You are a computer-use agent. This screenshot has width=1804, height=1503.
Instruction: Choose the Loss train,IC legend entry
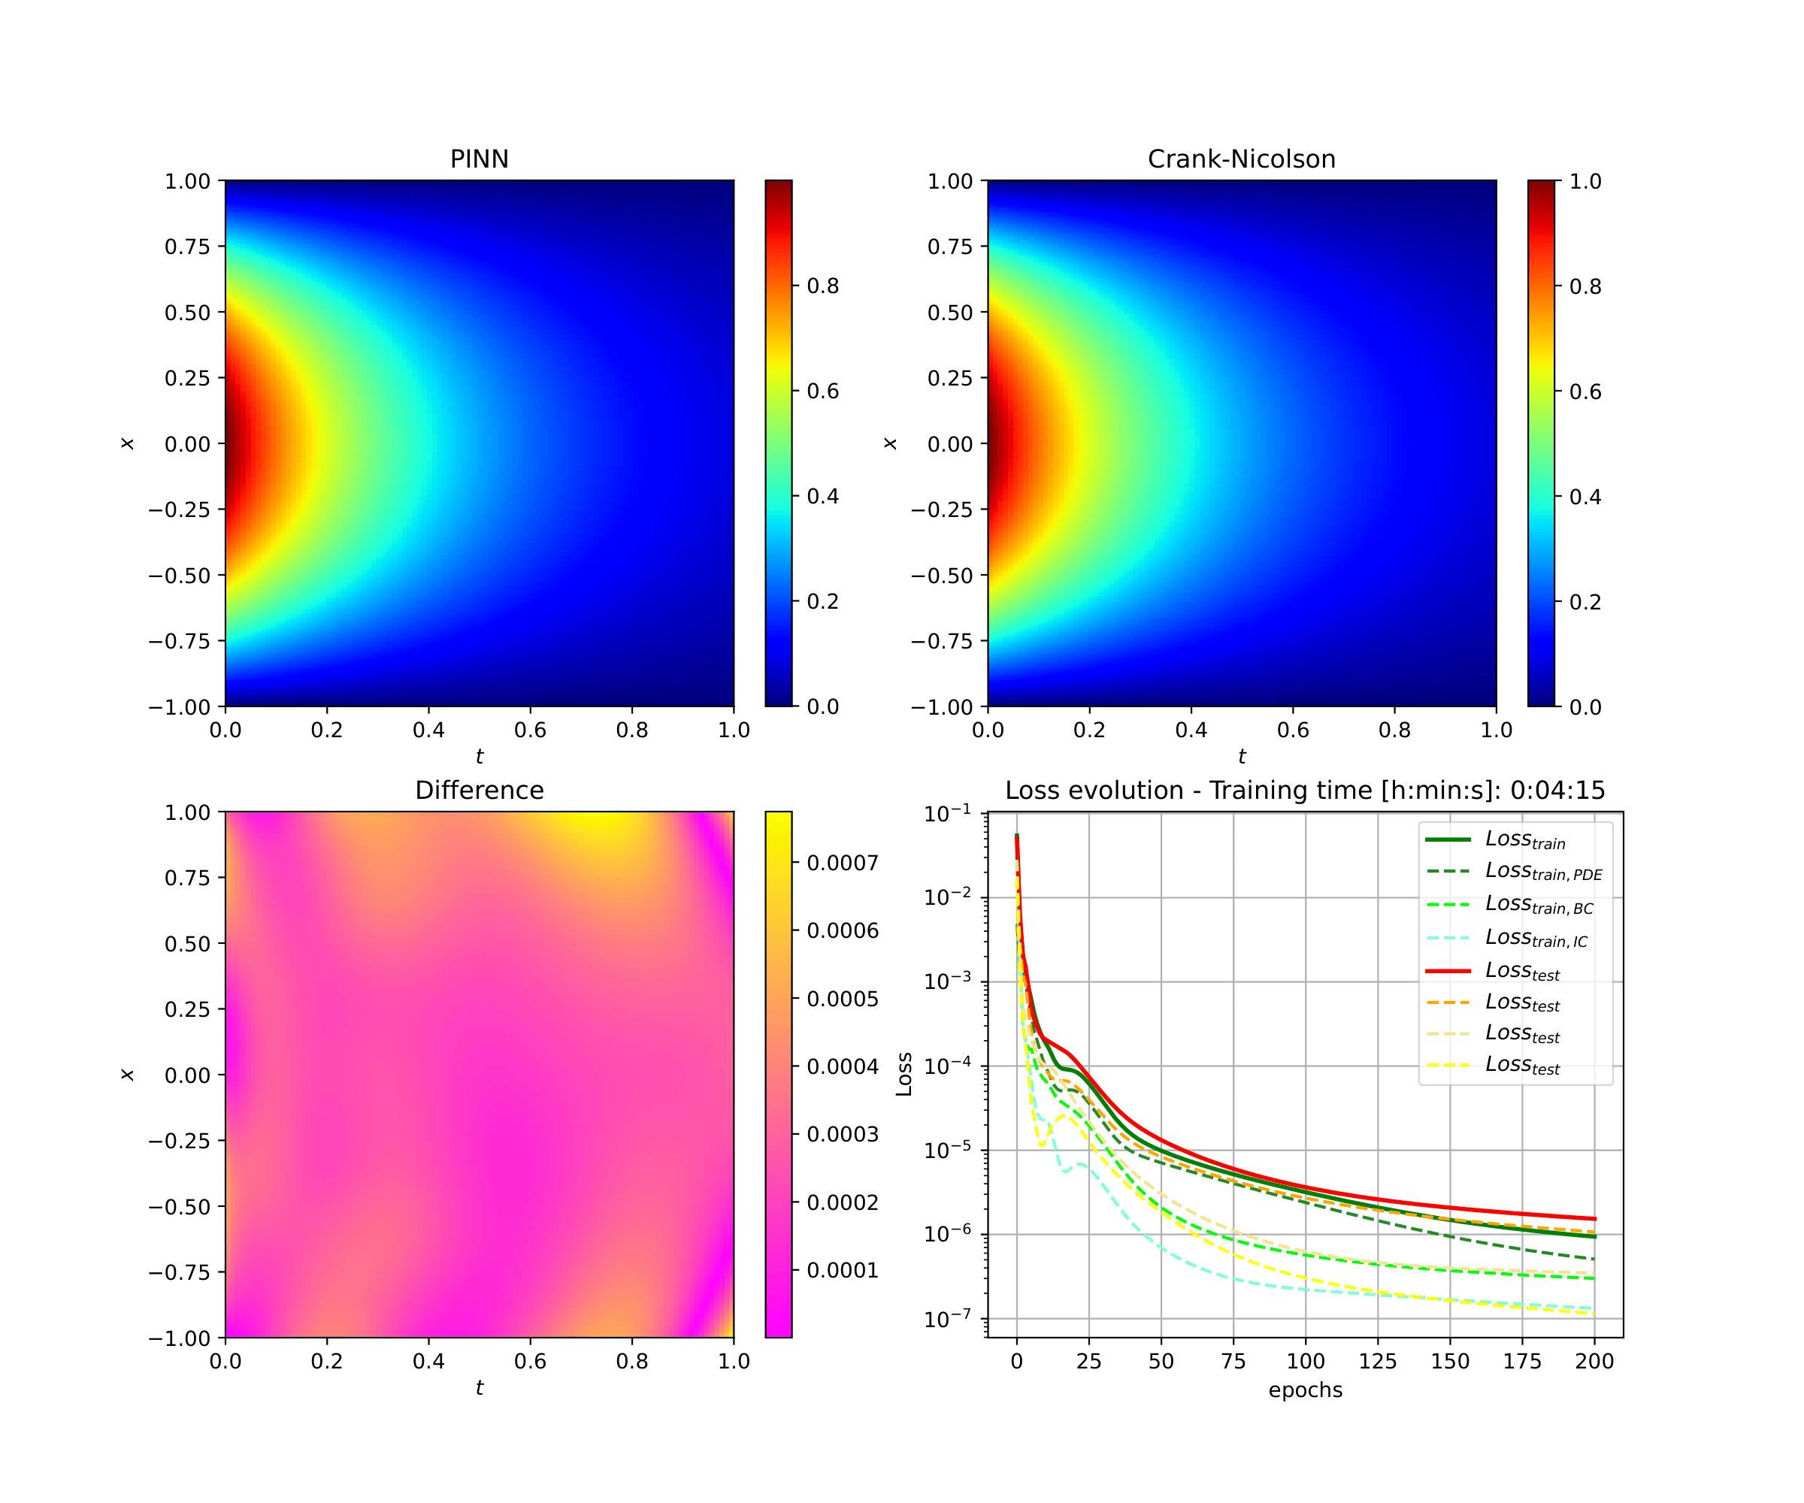1536,938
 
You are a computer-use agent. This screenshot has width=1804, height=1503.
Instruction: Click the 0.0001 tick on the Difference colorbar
842,1270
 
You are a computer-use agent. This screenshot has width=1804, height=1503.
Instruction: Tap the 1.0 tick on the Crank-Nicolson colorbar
1585,181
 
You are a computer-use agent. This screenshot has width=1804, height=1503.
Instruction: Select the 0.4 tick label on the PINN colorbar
822,497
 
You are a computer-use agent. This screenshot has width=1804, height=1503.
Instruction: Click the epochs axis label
1305,1390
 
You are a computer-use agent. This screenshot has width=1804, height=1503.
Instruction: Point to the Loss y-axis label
904,1074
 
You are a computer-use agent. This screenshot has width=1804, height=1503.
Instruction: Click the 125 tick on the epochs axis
1378,1361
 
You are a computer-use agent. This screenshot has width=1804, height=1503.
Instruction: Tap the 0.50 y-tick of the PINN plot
187,313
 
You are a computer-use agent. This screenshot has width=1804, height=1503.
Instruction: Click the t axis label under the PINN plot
480,757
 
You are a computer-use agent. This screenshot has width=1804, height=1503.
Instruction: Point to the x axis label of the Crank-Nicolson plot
890,443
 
